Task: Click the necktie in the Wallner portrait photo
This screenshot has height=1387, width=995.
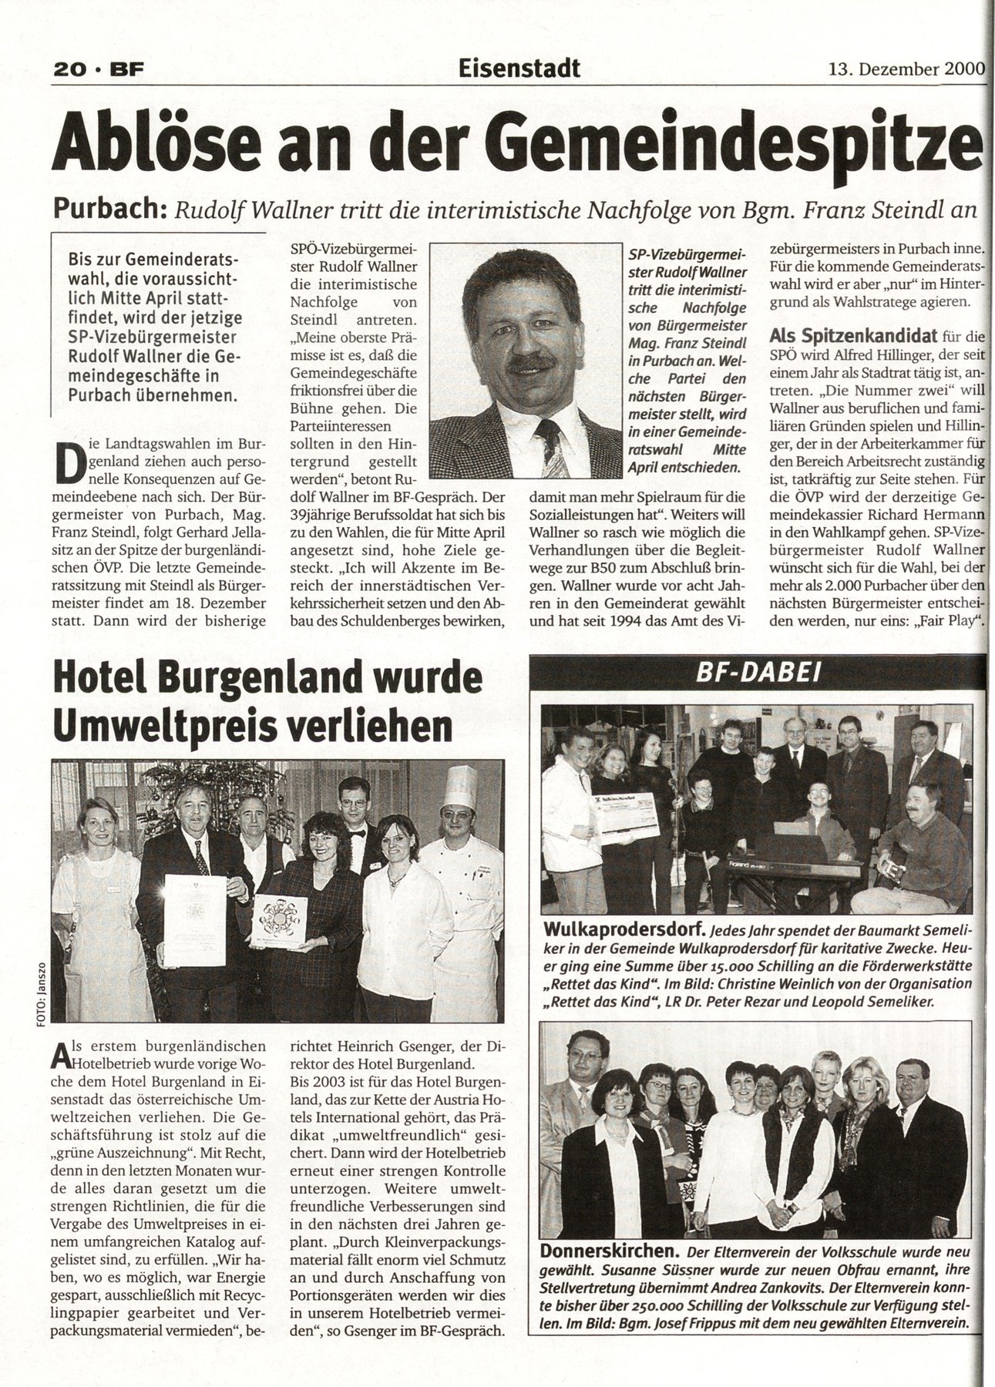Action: pos(556,448)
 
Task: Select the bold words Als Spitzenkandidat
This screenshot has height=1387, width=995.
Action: pos(853,336)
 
